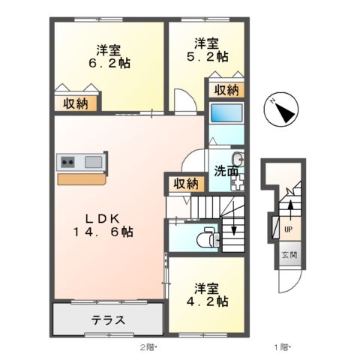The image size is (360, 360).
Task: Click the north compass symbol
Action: (x=279, y=112)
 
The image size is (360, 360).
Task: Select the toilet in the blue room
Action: (x=202, y=238)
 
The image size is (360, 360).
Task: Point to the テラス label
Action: (x=108, y=320)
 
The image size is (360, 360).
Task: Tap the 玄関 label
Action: (x=289, y=255)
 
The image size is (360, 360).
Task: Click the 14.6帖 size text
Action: (x=108, y=232)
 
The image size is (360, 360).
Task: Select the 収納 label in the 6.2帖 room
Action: (x=75, y=103)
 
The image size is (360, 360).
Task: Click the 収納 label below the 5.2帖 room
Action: (x=226, y=90)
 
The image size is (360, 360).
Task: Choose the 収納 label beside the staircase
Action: (x=186, y=183)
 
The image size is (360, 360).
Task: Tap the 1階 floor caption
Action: (x=283, y=346)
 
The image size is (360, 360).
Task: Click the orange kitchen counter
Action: (x=82, y=179)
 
